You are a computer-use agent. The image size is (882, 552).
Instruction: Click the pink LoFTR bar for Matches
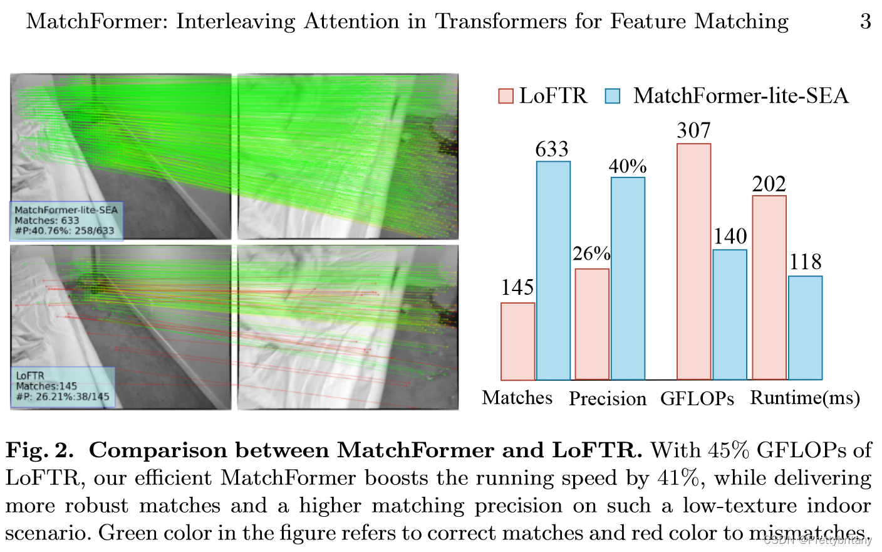[517, 341]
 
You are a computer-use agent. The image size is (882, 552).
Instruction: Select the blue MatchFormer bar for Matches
[553, 270]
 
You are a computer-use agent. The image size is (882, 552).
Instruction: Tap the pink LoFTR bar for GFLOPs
[693, 262]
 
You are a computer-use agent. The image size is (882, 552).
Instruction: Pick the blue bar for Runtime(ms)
[805, 327]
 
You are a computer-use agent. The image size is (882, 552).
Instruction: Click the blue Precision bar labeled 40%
[628, 279]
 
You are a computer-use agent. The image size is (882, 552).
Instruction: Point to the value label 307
[693, 130]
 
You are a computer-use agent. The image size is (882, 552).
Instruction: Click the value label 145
[517, 287]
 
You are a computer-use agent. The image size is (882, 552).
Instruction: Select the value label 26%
[591, 253]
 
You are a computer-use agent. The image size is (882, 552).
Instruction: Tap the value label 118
[805, 262]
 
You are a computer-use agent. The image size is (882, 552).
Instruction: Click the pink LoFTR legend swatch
[506, 96]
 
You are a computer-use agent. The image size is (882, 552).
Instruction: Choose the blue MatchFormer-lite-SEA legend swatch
[612, 96]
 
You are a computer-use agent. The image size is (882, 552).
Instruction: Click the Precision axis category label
[607, 399]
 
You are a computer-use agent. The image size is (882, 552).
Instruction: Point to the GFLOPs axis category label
[697, 399]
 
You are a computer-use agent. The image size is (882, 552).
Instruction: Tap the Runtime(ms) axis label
[805, 398]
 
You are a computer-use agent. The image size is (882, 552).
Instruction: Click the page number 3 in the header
[865, 21]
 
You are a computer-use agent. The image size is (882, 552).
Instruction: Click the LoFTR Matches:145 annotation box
[63, 386]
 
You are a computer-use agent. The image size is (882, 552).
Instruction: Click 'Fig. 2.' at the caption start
[39, 450]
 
